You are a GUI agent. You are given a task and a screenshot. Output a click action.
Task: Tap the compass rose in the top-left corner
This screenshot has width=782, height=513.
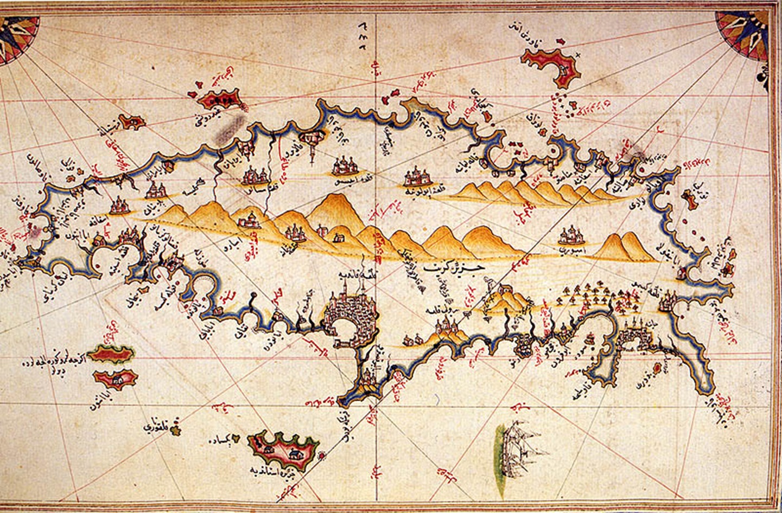16,38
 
